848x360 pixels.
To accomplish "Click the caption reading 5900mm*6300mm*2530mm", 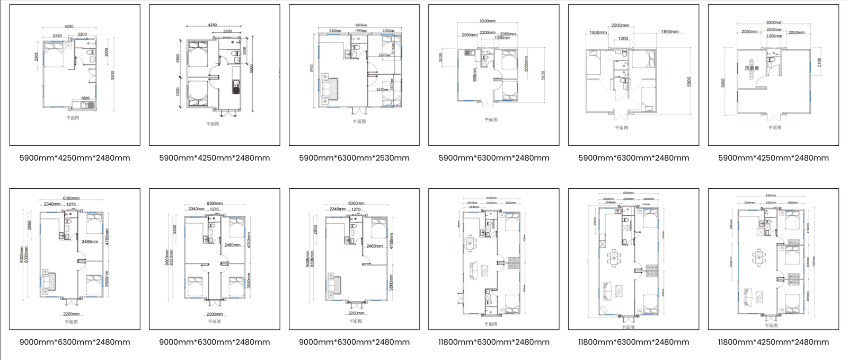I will (x=354, y=158).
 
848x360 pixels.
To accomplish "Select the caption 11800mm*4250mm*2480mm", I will (x=773, y=343).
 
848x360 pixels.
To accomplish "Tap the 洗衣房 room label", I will (x=752, y=68).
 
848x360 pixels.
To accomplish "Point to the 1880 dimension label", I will (x=85, y=98).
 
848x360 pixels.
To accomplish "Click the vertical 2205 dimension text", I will (x=37, y=56).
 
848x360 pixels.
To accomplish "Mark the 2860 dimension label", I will (x=178, y=58).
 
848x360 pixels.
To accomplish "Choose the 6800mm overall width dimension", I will (x=361, y=25).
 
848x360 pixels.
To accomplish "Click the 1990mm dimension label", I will (x=360, y=31).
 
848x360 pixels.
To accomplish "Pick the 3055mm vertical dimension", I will (x=526, y=64).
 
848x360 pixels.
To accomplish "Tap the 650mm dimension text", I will (x=474, y=74).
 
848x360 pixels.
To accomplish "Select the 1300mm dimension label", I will (x=502, y=38).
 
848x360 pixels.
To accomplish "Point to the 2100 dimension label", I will (x=819, y=62).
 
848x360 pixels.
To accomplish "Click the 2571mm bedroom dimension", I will (x=392, y=85).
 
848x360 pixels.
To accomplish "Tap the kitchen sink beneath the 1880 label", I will (x=91, y=105).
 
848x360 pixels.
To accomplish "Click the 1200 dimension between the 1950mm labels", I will (x=623, y=39).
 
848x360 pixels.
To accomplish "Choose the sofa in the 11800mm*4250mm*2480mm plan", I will (x=748, y=296).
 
